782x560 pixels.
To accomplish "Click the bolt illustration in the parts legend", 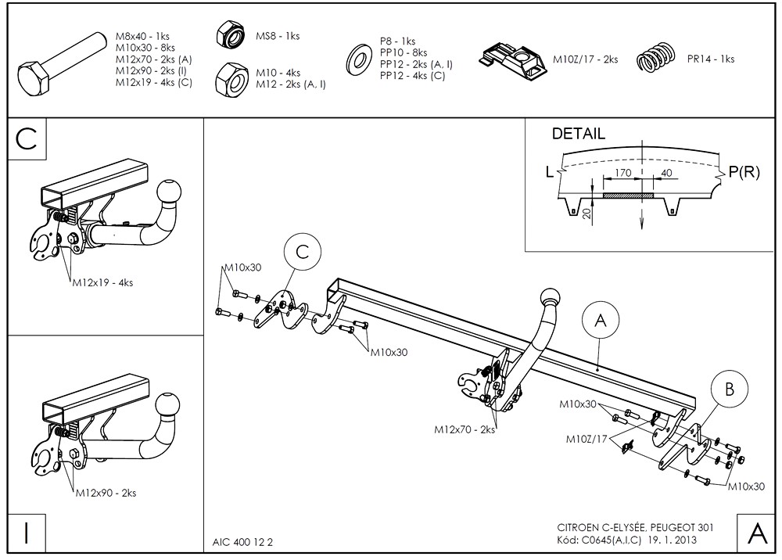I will click(x=60, y=63).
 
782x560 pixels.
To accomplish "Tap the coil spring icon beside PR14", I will click(x=655, y=59).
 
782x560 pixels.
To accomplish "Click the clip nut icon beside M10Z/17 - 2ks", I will click(x=515, y=59).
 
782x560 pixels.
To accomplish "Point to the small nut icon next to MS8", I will click(x=231, y=36).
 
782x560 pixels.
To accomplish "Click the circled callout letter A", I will click(x=600, y=320).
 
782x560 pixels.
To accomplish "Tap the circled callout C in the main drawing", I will click(x=303, y=251).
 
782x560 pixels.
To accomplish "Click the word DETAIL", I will click(x=578, y=134).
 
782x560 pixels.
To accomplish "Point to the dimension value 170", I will click(x=623, y=172).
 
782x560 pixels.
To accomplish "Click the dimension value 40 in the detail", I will click(x=665, y=172).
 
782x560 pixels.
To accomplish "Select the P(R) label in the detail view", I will click(x=744, y=173).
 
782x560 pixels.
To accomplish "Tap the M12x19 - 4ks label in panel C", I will click(x=102, y=282).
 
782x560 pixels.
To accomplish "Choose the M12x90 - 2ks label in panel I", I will click(x=106, y=493).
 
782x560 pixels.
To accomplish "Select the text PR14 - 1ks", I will click(x=710, y=59).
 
